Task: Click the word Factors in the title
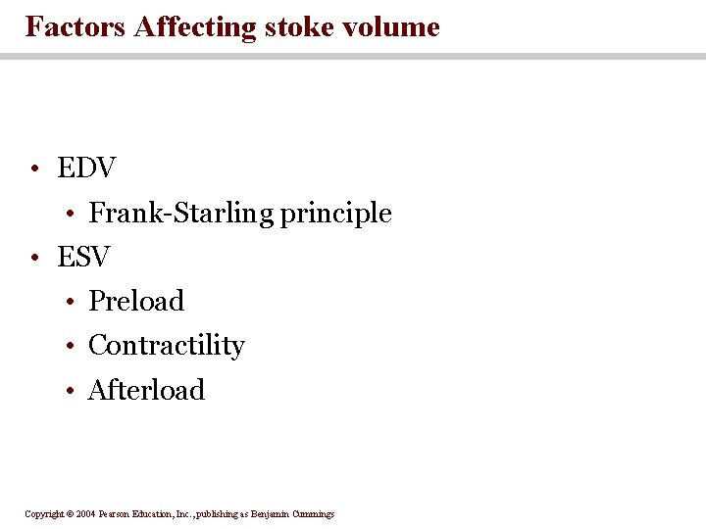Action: click(x=75, y=26)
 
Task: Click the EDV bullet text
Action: click(x=86, y=168)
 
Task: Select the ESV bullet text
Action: click(x=83, y=258)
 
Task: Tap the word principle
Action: click(x=335, y=214)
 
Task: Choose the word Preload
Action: click(x=136, y=301)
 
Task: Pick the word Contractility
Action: click(x=166, y=345)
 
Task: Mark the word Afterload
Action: click(x=146, y=390)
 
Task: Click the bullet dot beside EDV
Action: click(x=34, y=170)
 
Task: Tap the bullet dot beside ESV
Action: click(x=34, y=260)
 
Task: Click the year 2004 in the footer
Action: click(x=87, y=513)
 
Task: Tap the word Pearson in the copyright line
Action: click(x=118, y=513)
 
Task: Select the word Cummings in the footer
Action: click(x=312, y=513)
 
